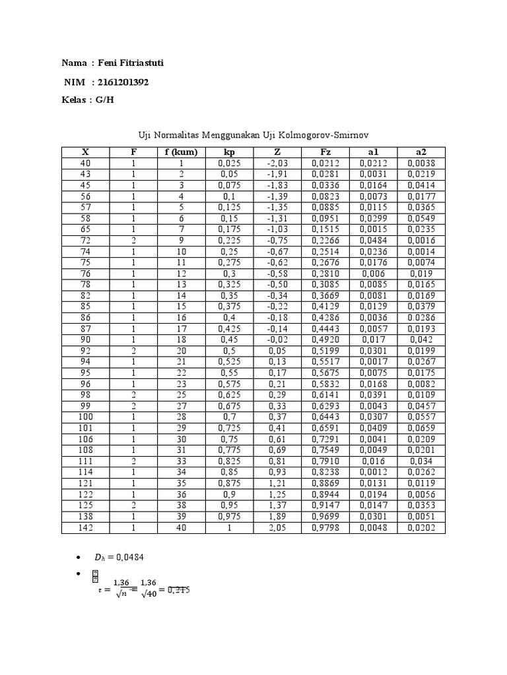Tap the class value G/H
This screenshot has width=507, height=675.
tap(104, 100)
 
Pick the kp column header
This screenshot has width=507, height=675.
tap(229, 152)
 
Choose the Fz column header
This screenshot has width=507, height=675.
tap(325, 152)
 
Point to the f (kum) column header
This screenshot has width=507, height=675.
tap(182, 152)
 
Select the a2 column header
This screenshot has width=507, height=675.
tap(421, 152)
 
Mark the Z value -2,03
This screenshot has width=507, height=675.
tap(277, 163)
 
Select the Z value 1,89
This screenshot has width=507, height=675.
tap(277, 517)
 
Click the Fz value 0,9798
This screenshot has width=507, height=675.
tap(325, 528)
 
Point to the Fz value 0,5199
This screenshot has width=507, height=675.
tap(325, 351)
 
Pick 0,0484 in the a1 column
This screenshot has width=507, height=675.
tap(373, 241)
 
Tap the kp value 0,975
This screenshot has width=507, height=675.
tap(229, 517)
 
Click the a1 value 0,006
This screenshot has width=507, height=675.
tap(373, 274)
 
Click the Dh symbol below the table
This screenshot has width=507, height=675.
tap(99, 558)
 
